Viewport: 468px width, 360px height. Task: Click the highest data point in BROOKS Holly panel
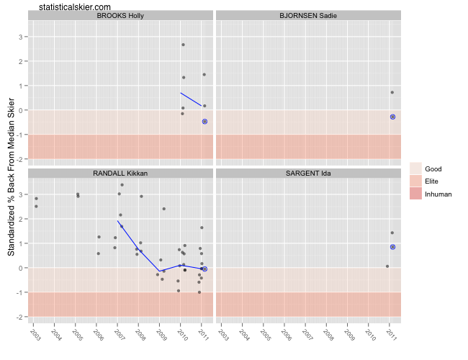pos(183,45)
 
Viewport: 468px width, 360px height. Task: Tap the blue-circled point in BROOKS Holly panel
pos(204,122)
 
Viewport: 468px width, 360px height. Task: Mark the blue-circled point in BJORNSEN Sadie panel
pos(393,117)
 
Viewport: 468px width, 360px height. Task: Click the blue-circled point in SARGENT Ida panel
pos(393,247)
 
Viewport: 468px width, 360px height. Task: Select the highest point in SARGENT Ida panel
pos(392,233)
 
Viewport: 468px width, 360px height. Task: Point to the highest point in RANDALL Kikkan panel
pos(122,185)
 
